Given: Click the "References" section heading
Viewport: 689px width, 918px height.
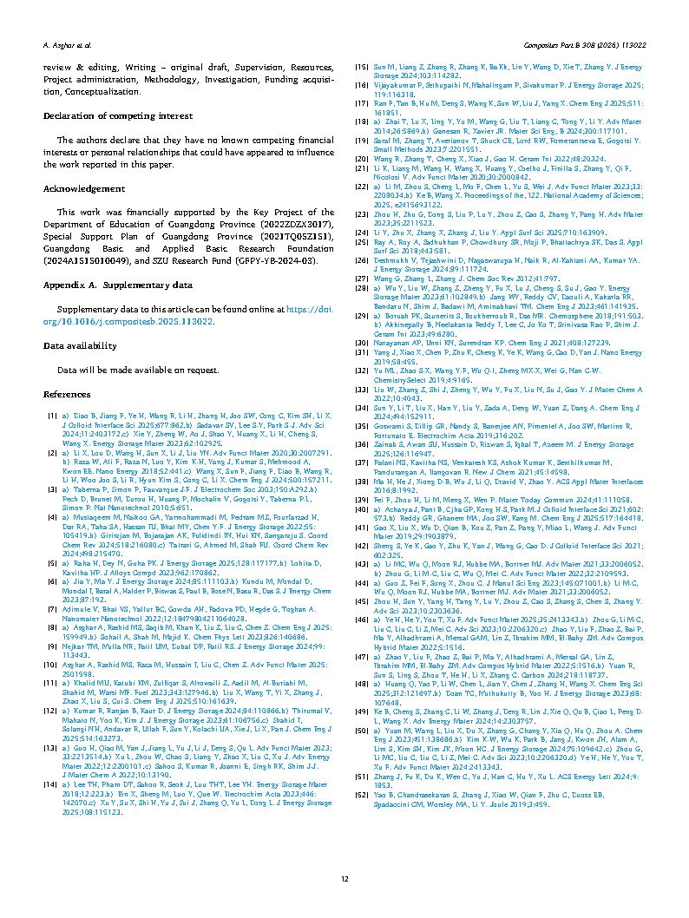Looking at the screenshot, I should (67, 393).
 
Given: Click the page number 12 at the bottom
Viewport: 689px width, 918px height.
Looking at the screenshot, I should (344, 879).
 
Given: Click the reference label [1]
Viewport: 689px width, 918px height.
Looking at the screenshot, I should (53, 416).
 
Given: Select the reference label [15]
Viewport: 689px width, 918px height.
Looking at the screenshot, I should (364, 66).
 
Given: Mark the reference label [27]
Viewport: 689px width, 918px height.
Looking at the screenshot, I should (364, 278).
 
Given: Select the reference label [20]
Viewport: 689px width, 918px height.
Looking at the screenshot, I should (364, 159).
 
